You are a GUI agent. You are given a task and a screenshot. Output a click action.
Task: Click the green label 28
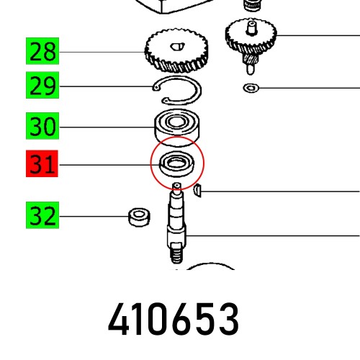[43, 53]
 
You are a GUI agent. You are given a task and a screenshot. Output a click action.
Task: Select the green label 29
[43, 88]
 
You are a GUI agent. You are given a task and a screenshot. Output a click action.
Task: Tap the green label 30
[43, 128]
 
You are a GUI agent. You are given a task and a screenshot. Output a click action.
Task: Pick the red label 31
[43, 166]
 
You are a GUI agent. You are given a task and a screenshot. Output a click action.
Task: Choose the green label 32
[43, 215]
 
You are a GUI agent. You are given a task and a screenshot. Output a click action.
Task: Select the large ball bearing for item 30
[176, 127]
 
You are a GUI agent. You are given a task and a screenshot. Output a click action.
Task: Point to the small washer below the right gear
[250, 89]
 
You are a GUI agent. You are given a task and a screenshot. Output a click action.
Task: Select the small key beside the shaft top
[199, 190]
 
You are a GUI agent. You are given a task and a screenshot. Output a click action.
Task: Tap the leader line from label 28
[101, 53]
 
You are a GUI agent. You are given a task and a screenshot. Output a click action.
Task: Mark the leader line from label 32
[94, 215]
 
